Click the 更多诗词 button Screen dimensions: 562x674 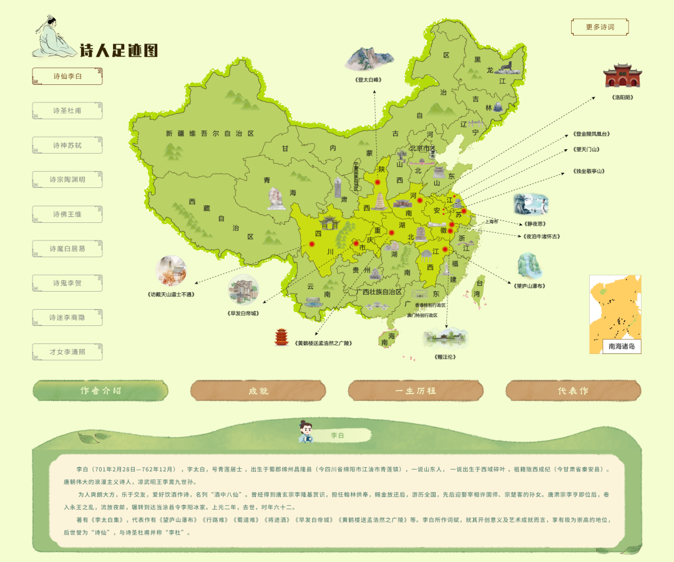(x=600, y=27)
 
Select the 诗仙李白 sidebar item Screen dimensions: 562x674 (x=67, y=76)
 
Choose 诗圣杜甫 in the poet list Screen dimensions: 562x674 (x=67, y=111)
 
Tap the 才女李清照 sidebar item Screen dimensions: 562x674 (x=67, y=352)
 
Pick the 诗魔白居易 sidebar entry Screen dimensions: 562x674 (x=67, y=249)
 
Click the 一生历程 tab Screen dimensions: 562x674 (x=416, y=391)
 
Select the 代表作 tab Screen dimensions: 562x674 (x=573, y=391)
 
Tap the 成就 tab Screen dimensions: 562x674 (x=258, y=391)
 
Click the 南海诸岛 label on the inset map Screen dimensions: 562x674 (x=622, y=346)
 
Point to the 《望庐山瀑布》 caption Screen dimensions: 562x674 (x=529, y=286)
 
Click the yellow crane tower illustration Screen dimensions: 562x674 (x=281, y=337)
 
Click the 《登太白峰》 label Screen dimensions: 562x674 (x=368, y=79)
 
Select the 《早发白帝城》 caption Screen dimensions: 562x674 (x=243, y=313)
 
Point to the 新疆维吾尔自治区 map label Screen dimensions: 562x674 (x=210, y=134)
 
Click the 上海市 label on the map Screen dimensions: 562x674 (x=492, y=221)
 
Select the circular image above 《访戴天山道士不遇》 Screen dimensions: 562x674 (x=171, y=271)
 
